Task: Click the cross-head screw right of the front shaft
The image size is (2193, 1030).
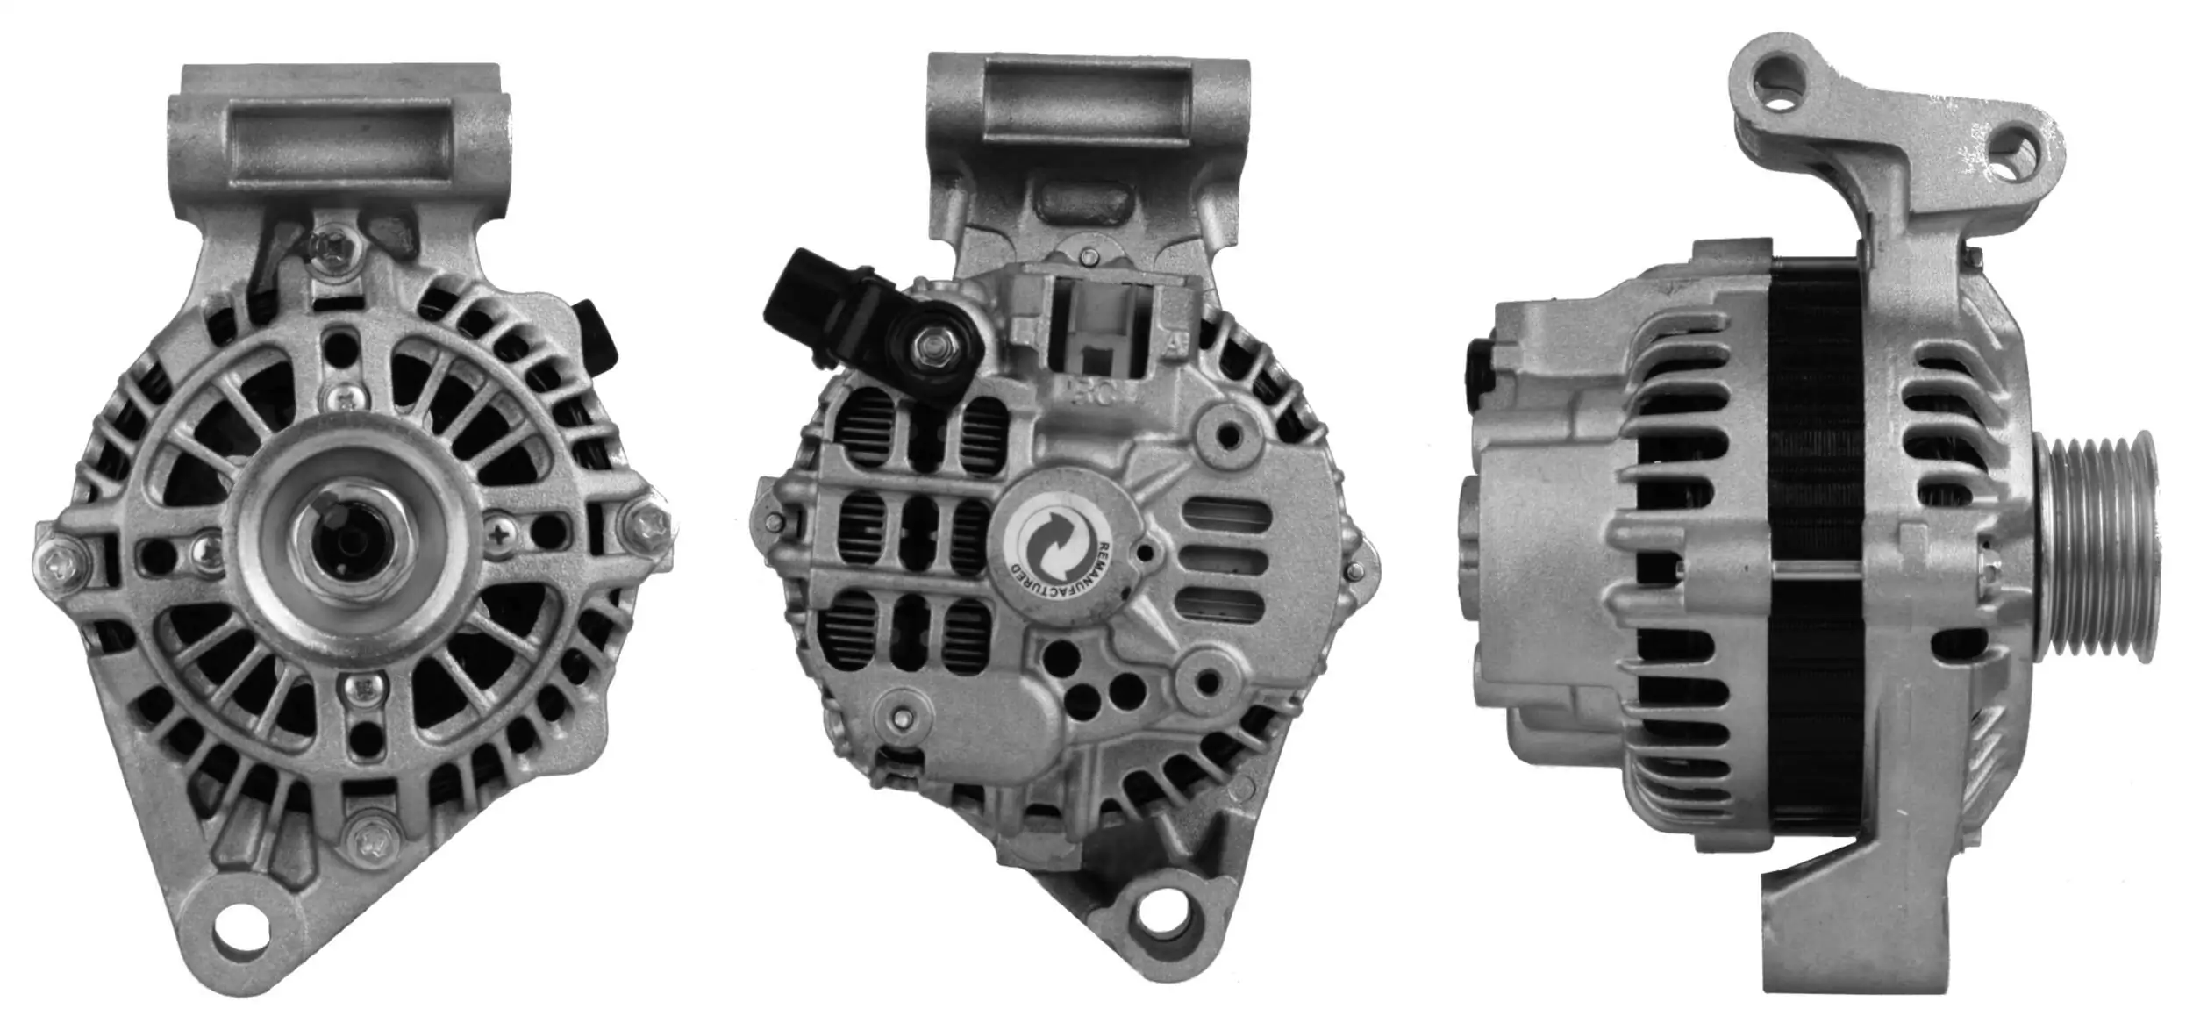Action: (x=499, y=533)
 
